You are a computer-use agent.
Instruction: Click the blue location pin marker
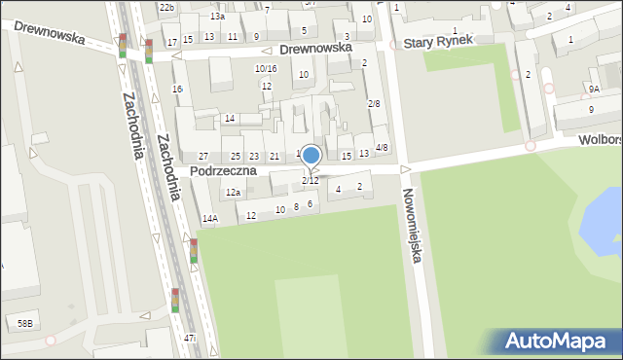point(311,156)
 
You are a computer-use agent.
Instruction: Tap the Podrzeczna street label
point(223,170)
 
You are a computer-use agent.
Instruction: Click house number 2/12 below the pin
point(310,181)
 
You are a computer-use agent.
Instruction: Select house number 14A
point(209,219)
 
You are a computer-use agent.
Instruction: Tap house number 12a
point(233,193)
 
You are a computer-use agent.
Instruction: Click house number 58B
point(24,323)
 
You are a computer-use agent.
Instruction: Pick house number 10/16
point(266,68)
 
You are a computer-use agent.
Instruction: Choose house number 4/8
point(383,148)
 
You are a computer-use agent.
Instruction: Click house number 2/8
point(374,103)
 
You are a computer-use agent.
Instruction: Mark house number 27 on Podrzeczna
point(203,157)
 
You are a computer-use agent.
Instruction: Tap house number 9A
point(594,89)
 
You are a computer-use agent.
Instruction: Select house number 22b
point(166,7)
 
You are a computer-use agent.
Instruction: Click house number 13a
point(217,17)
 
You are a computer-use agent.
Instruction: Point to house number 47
point(189,338)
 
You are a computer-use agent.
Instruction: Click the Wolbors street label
point(600,140)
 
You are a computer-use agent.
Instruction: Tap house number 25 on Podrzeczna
point(236,157)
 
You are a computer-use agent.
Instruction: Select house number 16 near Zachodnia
point(177,90)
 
